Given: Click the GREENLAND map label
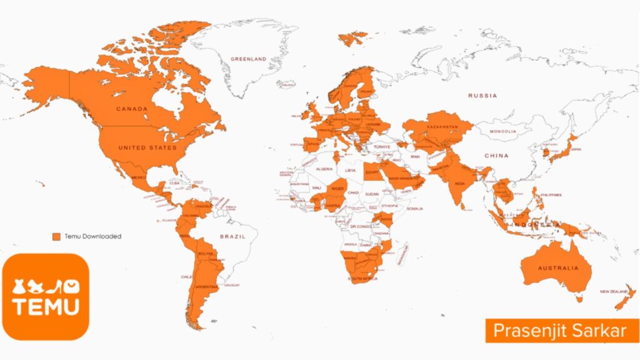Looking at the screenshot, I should [248, 59].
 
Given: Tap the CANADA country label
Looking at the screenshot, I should [132, 109].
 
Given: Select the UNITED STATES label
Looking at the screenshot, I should [147, 148].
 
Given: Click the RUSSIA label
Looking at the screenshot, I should [482, 96].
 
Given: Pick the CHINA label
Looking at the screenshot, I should [497, 155].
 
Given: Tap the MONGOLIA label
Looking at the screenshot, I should [504, 132].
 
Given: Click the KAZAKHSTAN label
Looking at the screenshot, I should [443, 127].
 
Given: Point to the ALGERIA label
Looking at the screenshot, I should [325, 169].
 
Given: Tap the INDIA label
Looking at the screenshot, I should [459, 183].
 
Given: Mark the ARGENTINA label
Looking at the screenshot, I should [206, 287].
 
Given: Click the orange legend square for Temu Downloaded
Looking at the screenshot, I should [56, 237].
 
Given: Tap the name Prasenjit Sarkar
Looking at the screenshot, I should [559, 331].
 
